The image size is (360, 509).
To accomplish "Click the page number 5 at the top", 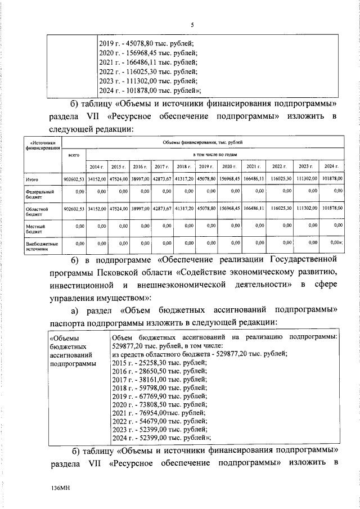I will point(192,25).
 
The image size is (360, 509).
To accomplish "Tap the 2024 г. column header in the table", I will point(330,167).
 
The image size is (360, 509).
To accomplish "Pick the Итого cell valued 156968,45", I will point(229,179).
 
